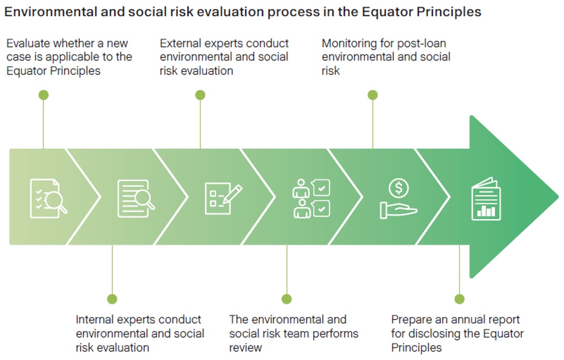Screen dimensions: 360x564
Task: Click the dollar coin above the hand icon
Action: pos(399,188)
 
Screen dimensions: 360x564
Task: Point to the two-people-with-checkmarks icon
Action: pos(311,198)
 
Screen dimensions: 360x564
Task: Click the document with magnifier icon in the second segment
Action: pos(136,198)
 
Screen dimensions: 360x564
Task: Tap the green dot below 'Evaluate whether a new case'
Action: pos(43,95)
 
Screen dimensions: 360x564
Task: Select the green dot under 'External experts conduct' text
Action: pos(200,95)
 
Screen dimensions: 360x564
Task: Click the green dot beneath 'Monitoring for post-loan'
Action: pos(373,95)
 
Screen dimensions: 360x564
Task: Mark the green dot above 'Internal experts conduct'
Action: pos(112,299)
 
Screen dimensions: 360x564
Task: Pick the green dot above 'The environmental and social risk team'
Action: pos(287,299)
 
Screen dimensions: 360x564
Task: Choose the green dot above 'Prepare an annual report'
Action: pos(459,299)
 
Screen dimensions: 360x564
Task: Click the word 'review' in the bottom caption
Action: pos(245,347)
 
